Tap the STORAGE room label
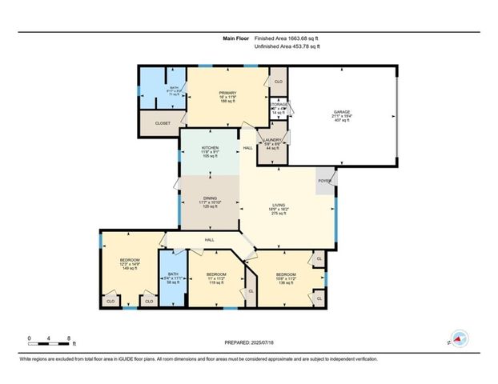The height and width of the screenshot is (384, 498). point(279,104)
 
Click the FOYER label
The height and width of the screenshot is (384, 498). point(325,180)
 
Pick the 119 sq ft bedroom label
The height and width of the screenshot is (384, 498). point(216,274)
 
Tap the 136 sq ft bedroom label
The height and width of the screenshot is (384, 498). point(286,274)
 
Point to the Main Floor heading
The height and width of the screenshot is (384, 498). point(235,38)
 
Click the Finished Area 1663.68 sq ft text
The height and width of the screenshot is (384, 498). point(291,38)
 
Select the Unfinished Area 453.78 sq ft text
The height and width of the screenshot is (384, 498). point(287,47)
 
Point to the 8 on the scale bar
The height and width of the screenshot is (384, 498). point(70,338)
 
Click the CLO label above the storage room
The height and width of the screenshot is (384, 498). point(279,82)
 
